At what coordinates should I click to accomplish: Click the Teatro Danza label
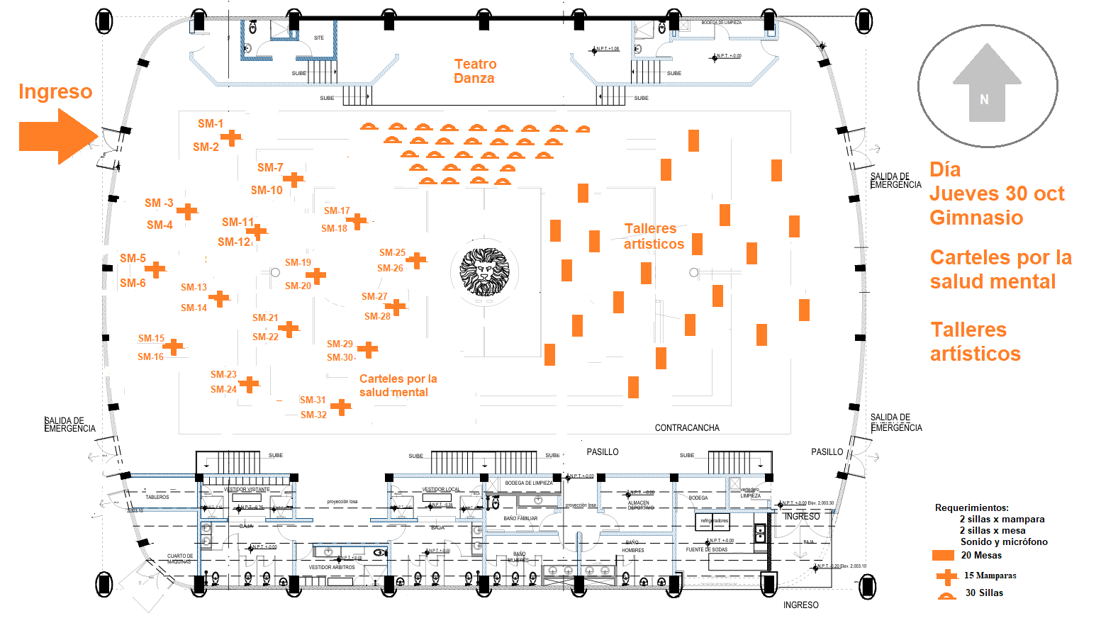coord(475,71)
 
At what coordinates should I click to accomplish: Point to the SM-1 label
coord(211,123)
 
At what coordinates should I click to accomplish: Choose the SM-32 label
coord(313,415)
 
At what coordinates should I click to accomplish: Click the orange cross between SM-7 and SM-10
coord(293,179)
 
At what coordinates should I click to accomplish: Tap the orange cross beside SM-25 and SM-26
coord(416,260)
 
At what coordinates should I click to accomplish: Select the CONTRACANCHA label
coord(686,427)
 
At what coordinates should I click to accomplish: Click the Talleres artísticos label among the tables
coord(653,236)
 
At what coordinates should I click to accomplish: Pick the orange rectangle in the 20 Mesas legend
coord(943,555)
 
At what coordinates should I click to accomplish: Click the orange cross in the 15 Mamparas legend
coord(946,576)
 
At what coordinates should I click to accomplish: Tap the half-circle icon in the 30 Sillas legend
coord(946,595)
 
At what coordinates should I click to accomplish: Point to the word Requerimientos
coord(971,507)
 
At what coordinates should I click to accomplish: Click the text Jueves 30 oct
coord(996,193)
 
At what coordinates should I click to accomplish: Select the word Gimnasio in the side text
coord(976,218)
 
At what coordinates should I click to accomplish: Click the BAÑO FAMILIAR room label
coord(520,518)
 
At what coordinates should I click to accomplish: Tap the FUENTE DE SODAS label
coord(706,549)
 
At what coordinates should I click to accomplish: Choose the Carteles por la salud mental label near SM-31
coord(397,386)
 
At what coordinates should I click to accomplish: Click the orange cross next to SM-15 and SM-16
coord(173,347)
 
